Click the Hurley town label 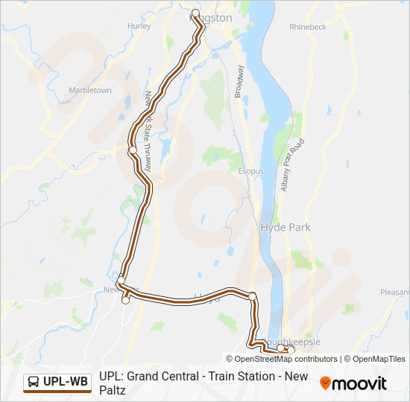(x=139, y=25)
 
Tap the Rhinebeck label (x=308, y=27)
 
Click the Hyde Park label (x=286, y=228)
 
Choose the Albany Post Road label (x=292, y=165)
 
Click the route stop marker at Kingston (x=196, y=13)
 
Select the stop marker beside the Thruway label (x=132, y=150)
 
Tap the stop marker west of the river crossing (x=253, y=297)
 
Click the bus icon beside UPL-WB (x=34, y=383)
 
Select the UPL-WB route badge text (x=66, y=383)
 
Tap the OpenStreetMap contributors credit (x=286, y=359)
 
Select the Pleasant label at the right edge (x=394, y=293)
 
